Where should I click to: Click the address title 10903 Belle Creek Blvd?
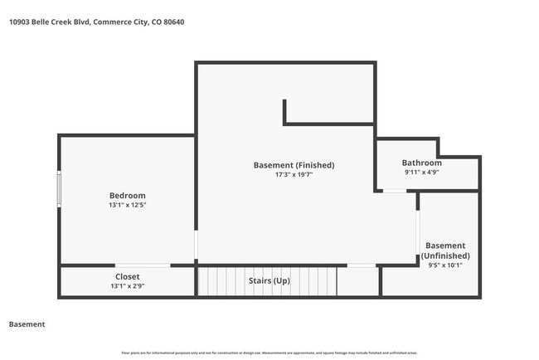pyautogui.click(x=95, y=22)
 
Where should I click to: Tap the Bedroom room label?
pyautogui.click(x=127, y=196)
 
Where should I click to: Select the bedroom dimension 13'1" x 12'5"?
pyautogui.click(x=127, y=205)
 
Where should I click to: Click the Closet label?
pyautogui.click(x=127, y=276)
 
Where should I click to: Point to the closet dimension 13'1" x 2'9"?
pyautogui.click(x=127, y=285)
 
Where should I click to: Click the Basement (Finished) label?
pyautogui.click(x=294, y=165)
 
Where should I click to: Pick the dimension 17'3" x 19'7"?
pyautogui.click(x=294, y=174)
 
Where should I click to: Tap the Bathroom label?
pyautogui.click(x=421, y=163)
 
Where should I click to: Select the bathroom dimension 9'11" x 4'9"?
pyautogui.click(x=421, y=173)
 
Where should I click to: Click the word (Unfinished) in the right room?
pyautogui.click(x=445, y=256)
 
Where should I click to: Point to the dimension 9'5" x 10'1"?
pyautogui.click(x=445, y=266)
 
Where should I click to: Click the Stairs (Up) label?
pyautogui.click(x=269, y=280)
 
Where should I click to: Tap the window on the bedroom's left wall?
pyautogui.click(x=59, y=188)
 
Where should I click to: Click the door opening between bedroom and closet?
pyautogui.click(x=143, y=265)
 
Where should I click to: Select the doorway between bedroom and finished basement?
pyautogui.click(x=197, y=246)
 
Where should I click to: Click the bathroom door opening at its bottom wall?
pyautogui.click(x=395, y=192)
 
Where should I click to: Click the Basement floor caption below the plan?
pyautogui.click(x=27, y=324)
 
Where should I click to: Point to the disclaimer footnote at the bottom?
pyautogui.click(x=269, y=353)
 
